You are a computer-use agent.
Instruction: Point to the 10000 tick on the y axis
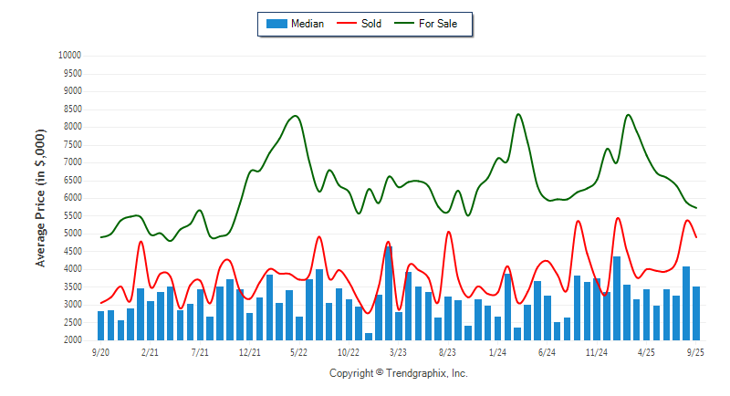(69, 55)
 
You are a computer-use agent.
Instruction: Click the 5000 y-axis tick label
(72, 234)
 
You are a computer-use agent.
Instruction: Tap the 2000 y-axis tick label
(72, 340)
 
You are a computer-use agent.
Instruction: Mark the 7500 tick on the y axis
(72, 144)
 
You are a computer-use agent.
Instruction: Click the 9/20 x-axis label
(100, 351)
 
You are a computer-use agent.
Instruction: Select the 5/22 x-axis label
(298, 351)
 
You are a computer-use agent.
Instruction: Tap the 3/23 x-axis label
(398, 351)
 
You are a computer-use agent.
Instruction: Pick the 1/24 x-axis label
(497, 351)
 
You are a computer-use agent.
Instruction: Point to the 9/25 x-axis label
(695, 351)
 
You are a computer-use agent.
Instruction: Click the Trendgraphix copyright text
(398, 373)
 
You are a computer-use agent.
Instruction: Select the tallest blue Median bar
(389, 293)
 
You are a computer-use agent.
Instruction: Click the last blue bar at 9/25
(695, 313)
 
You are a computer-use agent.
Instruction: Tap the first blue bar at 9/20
(100, 326)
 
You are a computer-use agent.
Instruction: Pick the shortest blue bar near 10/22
(369, 337)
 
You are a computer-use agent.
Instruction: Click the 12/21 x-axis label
(249, 351)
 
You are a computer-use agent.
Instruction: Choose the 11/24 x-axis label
(597, 351)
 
